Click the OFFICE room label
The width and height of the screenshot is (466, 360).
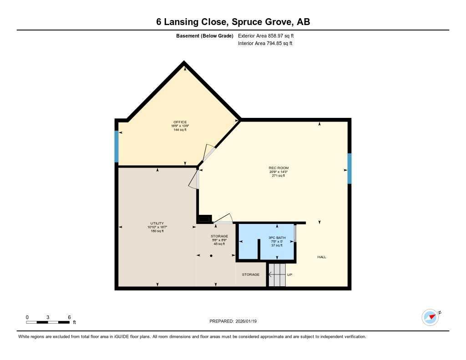pos(180,122)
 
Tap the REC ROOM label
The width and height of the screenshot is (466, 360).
pos(279,168)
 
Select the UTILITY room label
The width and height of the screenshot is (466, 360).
pos(157,223)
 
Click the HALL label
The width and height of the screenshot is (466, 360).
pos(322,257)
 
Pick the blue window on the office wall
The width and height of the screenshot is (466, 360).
pos(116,147)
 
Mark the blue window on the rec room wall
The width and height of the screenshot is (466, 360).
pos(349,168)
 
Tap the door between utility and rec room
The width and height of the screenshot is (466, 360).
pos(195,179)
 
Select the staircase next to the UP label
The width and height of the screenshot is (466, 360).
pos(276,275)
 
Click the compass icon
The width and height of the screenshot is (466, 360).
pos(430,317)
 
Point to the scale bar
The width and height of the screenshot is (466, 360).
pos(48,322)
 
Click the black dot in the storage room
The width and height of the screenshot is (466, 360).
pos(211,256)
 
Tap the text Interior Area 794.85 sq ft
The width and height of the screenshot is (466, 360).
pos(265,44)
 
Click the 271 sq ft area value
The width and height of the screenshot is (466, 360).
pos(278,176)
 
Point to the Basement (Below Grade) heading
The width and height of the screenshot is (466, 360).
pos(205,35)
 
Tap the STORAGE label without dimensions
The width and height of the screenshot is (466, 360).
pos(251,274)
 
